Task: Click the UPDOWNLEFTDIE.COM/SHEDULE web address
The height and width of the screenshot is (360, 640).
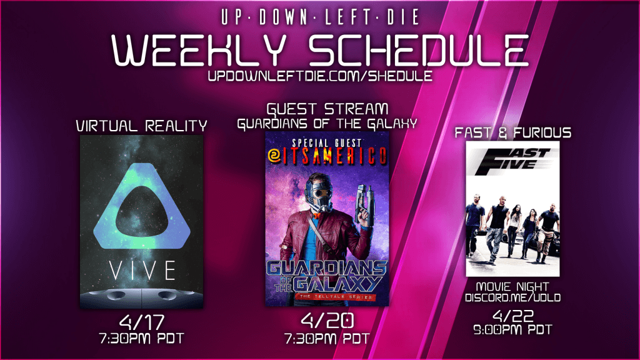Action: tap(320, 76)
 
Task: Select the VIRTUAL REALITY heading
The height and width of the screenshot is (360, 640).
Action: tap(142, 126)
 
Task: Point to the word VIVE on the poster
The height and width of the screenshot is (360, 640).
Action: tap(142, 271)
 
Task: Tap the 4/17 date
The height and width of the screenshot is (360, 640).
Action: tap(142, 322)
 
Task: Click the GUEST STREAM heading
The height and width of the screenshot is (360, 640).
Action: tap(327, 109)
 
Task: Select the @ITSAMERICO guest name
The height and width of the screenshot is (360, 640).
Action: tap(327, 156)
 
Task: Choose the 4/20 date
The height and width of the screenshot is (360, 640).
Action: tap(327, 321)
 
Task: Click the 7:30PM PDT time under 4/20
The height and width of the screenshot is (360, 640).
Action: tap(327, 338)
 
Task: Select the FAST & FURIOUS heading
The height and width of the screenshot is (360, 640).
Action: tap(512, 132)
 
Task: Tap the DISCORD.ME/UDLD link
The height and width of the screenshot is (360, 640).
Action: tap(512, 297)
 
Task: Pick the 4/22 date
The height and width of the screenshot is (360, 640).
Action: tap(512, 316)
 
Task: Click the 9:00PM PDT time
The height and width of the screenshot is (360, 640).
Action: tap(512, 330)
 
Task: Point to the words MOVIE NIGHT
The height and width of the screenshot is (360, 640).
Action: tap(512, 286)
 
